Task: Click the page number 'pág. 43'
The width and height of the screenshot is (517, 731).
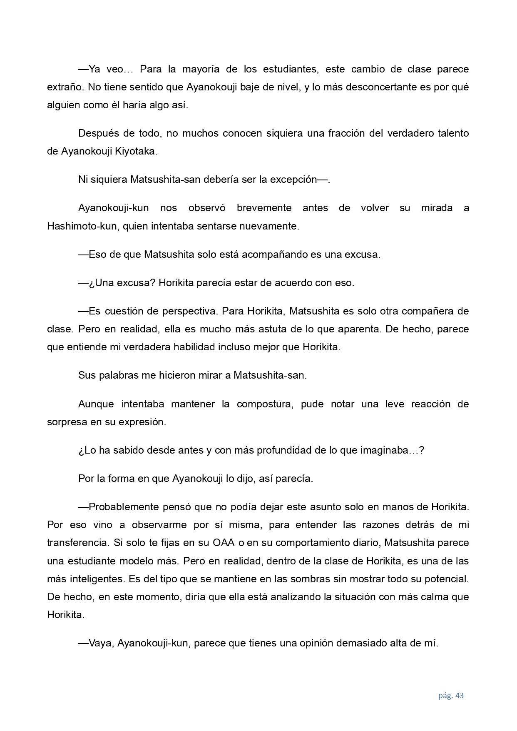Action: pos(451,695)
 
